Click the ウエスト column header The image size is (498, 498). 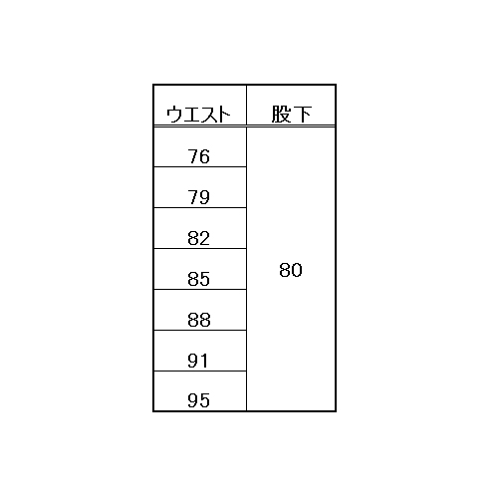pos(198,115)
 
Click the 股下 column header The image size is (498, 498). pos(291,115)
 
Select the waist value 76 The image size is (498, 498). pos(198,156)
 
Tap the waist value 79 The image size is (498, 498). pos(198,197)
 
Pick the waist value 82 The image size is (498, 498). pos(198,238)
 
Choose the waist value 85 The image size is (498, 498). pos(198,279)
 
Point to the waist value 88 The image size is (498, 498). pos(199,320)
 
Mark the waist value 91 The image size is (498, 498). pos(198,361)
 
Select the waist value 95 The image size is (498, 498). pos(198,400)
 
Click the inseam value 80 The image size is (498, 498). pos(291,270)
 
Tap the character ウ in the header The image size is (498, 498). pos(174,115)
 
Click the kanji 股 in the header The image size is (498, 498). pos(281,115)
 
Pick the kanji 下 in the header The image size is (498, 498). pos(302,115)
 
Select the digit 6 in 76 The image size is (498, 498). pos(205,156)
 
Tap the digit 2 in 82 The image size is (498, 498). pos(205,238)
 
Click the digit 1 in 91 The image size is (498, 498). pos(204,361)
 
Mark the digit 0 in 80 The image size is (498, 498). pos(297,270)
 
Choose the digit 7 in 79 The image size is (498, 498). pos(193,197)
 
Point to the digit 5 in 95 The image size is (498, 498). pos(205,400)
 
